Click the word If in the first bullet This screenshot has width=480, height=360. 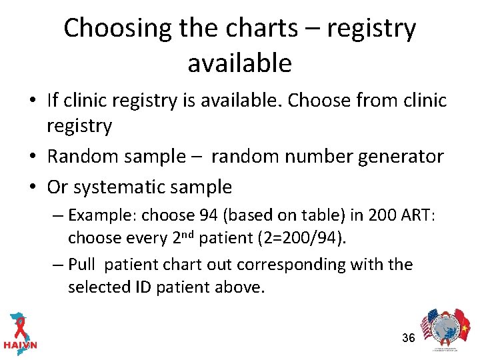pyautogui.click(x=53, y=100)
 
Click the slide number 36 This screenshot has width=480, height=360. pyautogui.click(x=409, y=338)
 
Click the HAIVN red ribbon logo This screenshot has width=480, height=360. pyautogui.click(x=20, y=330)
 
